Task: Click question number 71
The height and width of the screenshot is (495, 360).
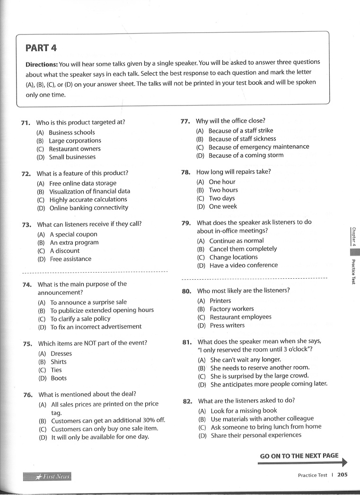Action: (26, 123)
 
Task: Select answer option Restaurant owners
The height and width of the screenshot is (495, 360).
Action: (75, 149)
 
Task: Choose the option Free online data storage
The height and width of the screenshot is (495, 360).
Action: (83, 183)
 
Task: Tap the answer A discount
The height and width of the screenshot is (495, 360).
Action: (65, 251)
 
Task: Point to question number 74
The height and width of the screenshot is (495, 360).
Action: (27, 285)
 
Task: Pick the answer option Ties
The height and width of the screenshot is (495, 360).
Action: (56, 370)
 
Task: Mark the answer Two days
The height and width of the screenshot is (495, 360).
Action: (222, 198)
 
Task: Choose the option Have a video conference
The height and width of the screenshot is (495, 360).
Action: (244, 265)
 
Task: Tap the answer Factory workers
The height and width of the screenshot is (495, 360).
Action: (232, 309)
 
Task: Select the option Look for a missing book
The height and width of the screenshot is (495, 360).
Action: (244, 411)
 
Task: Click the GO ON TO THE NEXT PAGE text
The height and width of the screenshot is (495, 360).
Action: (299, 456)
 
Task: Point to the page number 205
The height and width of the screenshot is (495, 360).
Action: (342, 475)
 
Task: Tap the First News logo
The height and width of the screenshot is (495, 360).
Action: (47, 477)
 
